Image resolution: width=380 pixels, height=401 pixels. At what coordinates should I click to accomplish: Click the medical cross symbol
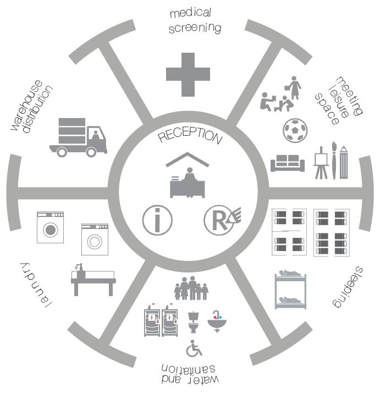pos(188,74)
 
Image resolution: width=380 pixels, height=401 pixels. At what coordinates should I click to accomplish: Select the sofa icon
pos(288,163)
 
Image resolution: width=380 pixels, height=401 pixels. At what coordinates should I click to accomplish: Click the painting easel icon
pos(320,164)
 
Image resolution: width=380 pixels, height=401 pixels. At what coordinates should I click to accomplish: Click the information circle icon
pos(157,220)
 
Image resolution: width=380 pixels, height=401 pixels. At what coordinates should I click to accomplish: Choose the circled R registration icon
pos(221,220)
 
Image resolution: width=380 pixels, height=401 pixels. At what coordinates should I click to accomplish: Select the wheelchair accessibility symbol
pos(194,348)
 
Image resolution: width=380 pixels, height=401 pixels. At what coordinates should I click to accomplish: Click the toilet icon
pos(193,322)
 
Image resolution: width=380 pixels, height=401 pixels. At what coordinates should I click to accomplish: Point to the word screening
pos(195,27)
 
